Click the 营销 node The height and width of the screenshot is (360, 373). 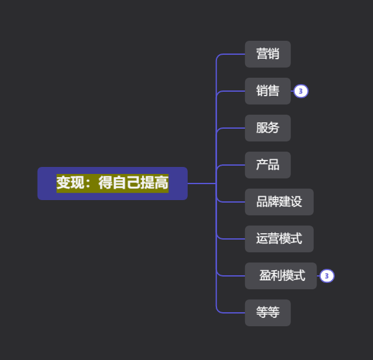click(x=268, y=54)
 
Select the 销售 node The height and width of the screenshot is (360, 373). click(x=268, y=91)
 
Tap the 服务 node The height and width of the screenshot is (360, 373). click(x=268, y=128)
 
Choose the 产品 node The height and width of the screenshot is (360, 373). click(x=268, y=165)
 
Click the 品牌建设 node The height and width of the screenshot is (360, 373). click(x=279, y=202)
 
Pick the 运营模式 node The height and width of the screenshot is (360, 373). click(x=279, y=239)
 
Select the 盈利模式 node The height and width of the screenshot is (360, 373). click(x=281, y=276)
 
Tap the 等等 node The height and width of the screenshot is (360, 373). click(x=268, y=313)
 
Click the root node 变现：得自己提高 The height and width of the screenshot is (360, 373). click(x=113, y=184)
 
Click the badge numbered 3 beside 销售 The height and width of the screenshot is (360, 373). click(x=301, y=91)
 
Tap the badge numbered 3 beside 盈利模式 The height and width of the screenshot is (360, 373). click(x=327, y=276)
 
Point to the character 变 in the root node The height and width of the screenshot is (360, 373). click(x=64, y=183)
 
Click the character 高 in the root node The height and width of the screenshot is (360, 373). click(x=162, y=183)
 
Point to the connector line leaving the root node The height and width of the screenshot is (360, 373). click(x=202, y=184)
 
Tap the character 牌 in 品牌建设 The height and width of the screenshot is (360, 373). click(x=274, y=201)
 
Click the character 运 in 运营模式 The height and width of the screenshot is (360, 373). click(x=262, y=238)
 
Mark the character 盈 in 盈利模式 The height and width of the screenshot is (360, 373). click(x=265, y=275)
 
